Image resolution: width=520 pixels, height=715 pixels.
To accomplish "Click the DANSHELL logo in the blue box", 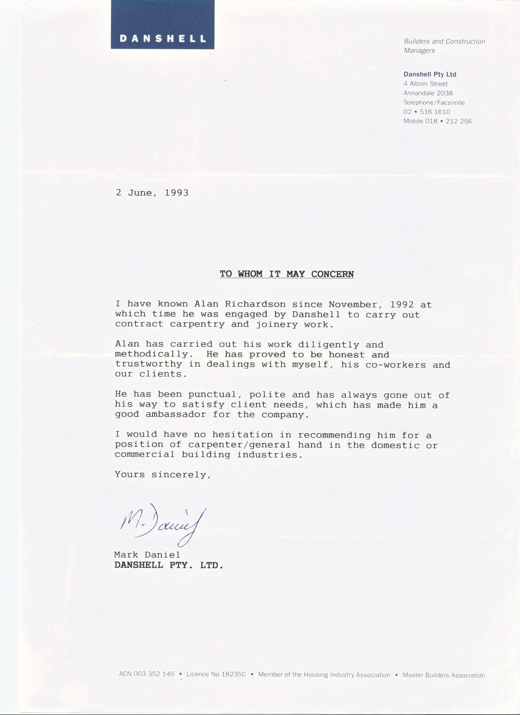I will click(x=162, y=39).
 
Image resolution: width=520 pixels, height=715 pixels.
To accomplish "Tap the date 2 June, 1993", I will click(x=152, y=193).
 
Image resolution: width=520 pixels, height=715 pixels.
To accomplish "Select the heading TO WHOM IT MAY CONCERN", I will click(x=287, y=274).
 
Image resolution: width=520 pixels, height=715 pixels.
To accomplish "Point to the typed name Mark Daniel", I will click(x=147, y=555).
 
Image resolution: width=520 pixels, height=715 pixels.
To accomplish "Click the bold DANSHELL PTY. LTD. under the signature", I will click(x=169, y=565).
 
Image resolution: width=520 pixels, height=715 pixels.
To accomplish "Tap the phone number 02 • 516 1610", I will click(x=427, y=112).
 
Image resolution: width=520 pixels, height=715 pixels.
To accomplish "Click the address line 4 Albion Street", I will click(x=425, y=84).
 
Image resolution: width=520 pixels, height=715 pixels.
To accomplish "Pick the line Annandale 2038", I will click(x=428, y=93).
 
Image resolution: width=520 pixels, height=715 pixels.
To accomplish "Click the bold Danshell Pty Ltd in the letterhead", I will click(x=429, y=74).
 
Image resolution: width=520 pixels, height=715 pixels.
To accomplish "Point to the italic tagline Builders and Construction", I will click(x=444, y=42).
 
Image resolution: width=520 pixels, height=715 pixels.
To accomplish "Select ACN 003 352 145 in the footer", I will click(x=146, y=674).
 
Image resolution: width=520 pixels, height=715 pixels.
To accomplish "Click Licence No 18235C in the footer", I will click(x=216, y=674).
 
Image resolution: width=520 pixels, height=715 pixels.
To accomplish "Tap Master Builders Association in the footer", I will click(x=443, y=675).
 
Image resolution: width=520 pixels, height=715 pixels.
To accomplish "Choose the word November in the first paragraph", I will click(x=353, y=305).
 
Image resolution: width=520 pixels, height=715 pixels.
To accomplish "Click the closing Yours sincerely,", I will click(x=163, y=475).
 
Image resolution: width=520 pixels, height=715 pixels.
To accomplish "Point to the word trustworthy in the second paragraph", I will click(x=148, y=364).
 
